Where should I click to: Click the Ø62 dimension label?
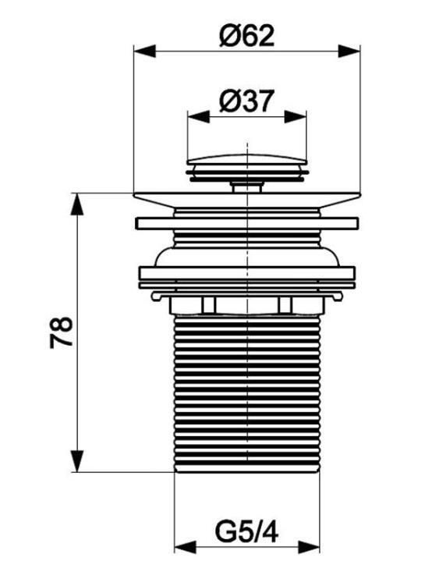246,36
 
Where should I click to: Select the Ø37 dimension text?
246,101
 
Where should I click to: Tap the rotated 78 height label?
62,332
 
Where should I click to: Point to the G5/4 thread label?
246,532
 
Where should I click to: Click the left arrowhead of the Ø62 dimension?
145,51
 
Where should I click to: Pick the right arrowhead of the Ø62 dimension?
349,51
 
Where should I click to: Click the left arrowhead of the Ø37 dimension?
198,117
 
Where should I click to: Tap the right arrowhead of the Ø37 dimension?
296,117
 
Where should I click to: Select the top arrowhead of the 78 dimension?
77,204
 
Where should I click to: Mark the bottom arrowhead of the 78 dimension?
77,461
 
